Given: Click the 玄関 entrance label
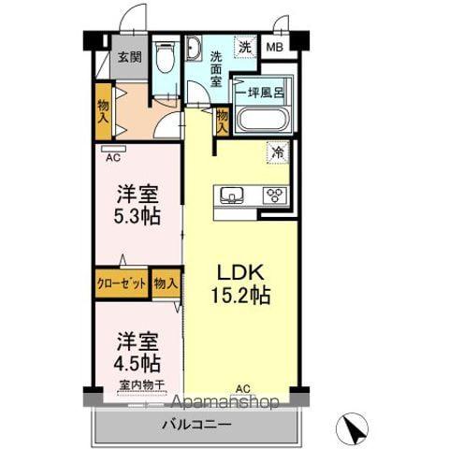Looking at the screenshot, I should coord(127,56).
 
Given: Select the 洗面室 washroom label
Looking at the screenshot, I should coord(215,68).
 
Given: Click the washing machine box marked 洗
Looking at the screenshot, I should coord(244,47).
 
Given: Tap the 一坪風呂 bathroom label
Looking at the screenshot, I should coord(264,93).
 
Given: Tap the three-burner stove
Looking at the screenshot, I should coord(275,196).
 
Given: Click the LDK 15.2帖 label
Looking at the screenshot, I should coord(245,283).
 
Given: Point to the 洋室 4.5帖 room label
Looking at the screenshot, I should coord(137,352).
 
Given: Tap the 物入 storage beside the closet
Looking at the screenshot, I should coord(166,283).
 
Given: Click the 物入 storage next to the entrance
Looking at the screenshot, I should coord(103,111).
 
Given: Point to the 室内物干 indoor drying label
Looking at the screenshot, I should coord(142,384).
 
